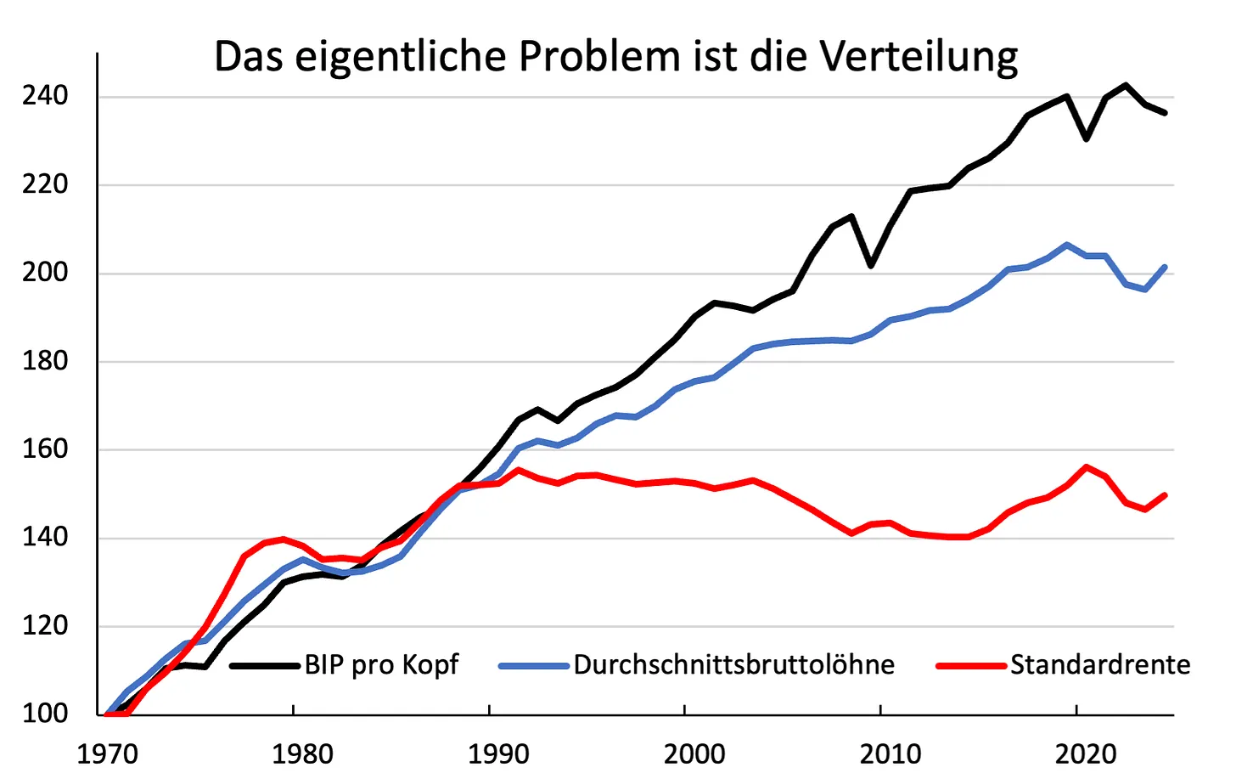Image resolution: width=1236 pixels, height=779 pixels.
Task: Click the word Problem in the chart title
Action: (600, 56)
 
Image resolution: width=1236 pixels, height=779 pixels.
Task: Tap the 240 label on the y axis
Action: (45, 96)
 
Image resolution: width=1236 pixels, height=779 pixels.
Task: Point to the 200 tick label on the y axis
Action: (45, 273)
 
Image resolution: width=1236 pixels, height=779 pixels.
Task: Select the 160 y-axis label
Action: (45, 449)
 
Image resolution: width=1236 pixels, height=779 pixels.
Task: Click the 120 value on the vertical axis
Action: (45, 626)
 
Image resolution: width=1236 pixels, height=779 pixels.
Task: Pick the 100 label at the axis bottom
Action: (45, 714)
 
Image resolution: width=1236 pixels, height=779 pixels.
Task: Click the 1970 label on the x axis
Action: (107, 754)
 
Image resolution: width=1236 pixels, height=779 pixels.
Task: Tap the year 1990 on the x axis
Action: (498, 754)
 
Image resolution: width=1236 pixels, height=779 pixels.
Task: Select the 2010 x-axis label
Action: (890, 754)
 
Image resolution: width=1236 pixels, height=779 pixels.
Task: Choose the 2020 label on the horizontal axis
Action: (1086, 754)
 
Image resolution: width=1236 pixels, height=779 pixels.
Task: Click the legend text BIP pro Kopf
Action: (381, 665)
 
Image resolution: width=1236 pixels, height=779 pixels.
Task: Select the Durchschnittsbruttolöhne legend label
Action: (733, 664)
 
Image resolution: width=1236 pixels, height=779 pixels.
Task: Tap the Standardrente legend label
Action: (1100, 664)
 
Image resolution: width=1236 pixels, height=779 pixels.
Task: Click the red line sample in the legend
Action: (971, 666)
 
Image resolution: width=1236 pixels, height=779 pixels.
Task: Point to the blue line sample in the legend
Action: (534, 666)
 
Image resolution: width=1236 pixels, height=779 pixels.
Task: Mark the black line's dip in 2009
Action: (871, 266)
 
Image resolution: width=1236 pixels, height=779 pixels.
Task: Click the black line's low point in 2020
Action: (1086, 139)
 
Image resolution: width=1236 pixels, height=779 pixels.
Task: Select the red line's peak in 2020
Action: (1086, 467)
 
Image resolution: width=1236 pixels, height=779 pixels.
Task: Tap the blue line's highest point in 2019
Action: (1066, 244)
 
